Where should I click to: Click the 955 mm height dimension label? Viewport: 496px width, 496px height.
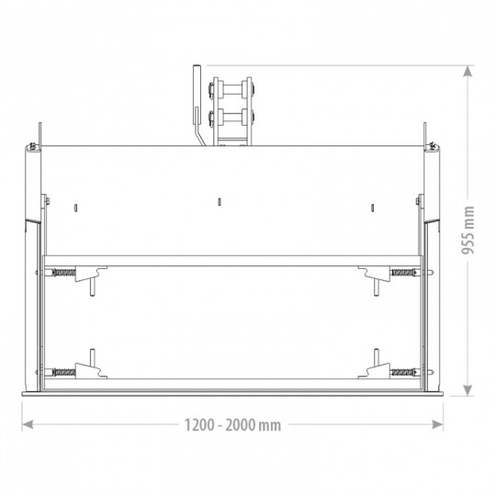[x=468, y=230]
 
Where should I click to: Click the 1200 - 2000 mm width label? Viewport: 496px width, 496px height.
[x=232, y=425]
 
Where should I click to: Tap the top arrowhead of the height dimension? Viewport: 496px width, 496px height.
[x=468, y=71]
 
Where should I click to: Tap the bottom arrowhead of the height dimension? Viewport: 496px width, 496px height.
[x=468, y=390]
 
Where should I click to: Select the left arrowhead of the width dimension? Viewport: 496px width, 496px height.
[x=28, y=424]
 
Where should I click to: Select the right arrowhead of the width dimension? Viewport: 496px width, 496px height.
[x=437, y=424]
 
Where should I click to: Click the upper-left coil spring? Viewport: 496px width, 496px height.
[x=64, y=272]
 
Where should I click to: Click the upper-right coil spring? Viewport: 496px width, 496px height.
[x=402, y=272]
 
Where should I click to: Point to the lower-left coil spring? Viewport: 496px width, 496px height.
[x=64, y=372]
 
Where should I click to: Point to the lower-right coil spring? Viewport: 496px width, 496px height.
[x=402, y=372]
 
